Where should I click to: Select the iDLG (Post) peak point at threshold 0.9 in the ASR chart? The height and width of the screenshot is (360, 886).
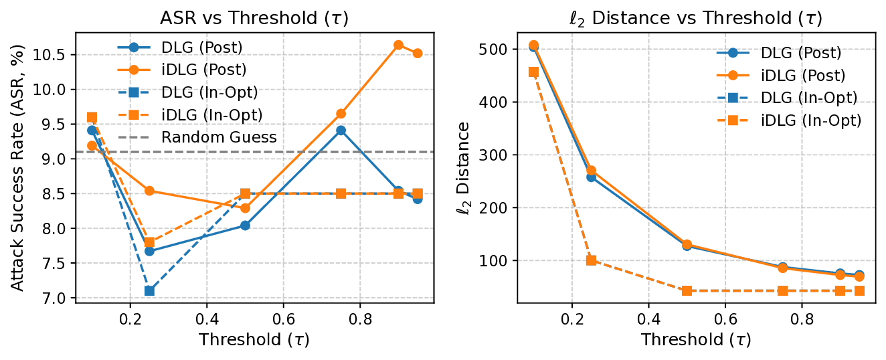(398, 45)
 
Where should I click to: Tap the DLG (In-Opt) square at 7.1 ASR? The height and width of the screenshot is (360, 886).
(149, 290)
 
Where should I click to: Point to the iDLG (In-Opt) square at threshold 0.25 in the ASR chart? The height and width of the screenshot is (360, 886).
(149, 242)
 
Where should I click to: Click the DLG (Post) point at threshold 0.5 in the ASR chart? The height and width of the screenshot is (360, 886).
(245, 226)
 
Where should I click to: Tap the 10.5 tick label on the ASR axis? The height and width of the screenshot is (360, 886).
(51, 54)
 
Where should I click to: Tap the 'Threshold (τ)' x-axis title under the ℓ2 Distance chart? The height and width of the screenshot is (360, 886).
(696, 339)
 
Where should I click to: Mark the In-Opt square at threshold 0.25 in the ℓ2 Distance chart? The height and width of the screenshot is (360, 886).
(591, 260)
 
